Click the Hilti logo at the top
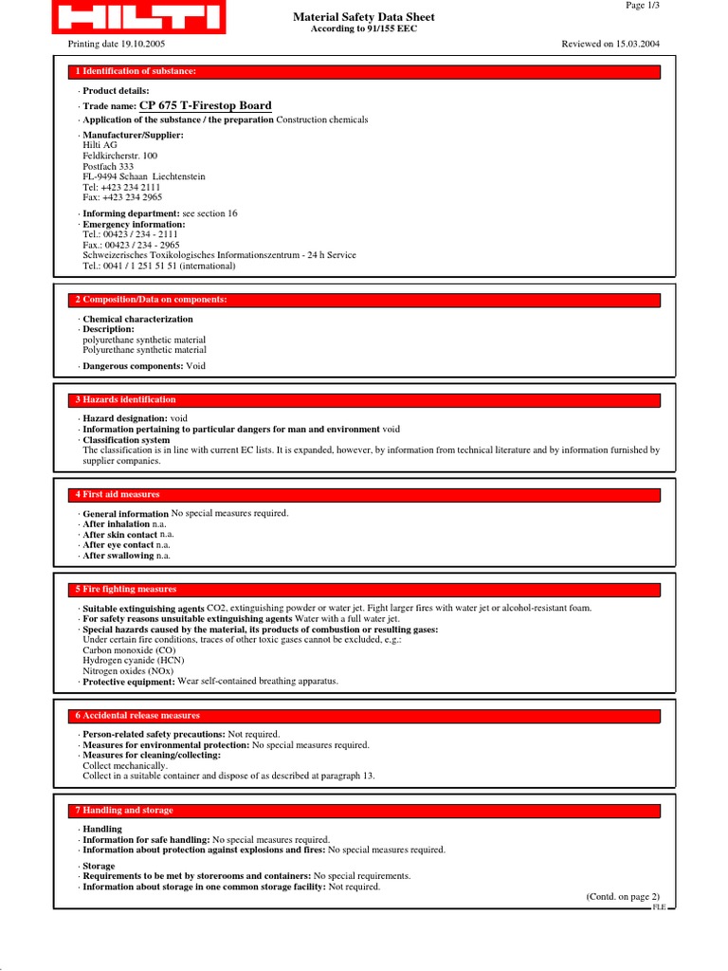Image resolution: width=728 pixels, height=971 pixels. click(137, 17)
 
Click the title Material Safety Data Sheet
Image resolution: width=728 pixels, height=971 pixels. click(364, 16)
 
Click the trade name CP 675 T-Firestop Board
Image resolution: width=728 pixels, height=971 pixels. click(205, 106)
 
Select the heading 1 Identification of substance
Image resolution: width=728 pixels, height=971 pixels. click(136, 72)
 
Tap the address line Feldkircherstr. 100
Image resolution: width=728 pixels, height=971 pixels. click(120, 156)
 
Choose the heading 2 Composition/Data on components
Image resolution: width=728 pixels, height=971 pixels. click(152, 300)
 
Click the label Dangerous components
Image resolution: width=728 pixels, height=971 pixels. click(133, 366)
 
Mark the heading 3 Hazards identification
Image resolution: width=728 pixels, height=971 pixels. click(125, 400)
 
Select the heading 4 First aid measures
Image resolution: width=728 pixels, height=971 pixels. click(118, 495)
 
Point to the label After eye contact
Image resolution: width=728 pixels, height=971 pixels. click(118, 545)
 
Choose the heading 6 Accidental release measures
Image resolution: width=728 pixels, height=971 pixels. click(137, 716)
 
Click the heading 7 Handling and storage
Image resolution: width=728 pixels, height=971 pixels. click(124, 811)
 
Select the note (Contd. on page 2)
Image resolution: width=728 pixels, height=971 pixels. click(622, 896)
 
